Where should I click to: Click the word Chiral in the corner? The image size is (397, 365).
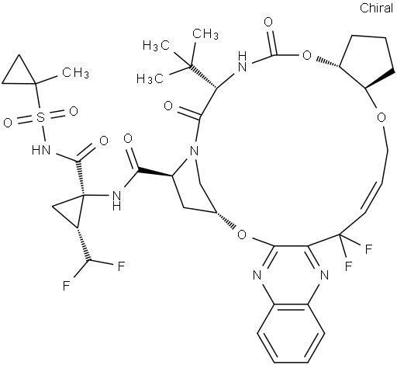[376, 8]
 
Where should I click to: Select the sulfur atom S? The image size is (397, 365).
[40, 118]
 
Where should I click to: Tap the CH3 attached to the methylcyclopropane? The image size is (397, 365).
[75, 72]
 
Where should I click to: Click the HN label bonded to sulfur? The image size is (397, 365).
[41, 150]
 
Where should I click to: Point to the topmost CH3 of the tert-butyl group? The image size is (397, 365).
[205, 34]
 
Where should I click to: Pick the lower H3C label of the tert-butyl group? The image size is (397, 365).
[150, 78]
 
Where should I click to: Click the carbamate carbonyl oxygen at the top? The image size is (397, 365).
[268, 23]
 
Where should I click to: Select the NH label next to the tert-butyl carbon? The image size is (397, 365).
[242, 62]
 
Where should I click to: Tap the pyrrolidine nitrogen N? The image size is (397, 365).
[194, 151]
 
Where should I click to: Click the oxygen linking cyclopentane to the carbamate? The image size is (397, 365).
[307, 55]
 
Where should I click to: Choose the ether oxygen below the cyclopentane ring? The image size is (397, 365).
[381, 118]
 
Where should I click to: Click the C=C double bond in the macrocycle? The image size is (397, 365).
[373, 197]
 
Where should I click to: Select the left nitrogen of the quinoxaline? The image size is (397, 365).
[257, 275]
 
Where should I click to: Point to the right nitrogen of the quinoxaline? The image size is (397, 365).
[324, 275]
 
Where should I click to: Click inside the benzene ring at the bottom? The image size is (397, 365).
[291, 333]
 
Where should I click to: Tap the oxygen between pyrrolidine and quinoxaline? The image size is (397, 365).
[242, 235]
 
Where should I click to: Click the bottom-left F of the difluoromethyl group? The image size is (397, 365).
[67, 287]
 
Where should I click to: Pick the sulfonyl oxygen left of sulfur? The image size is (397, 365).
[8, 123]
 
